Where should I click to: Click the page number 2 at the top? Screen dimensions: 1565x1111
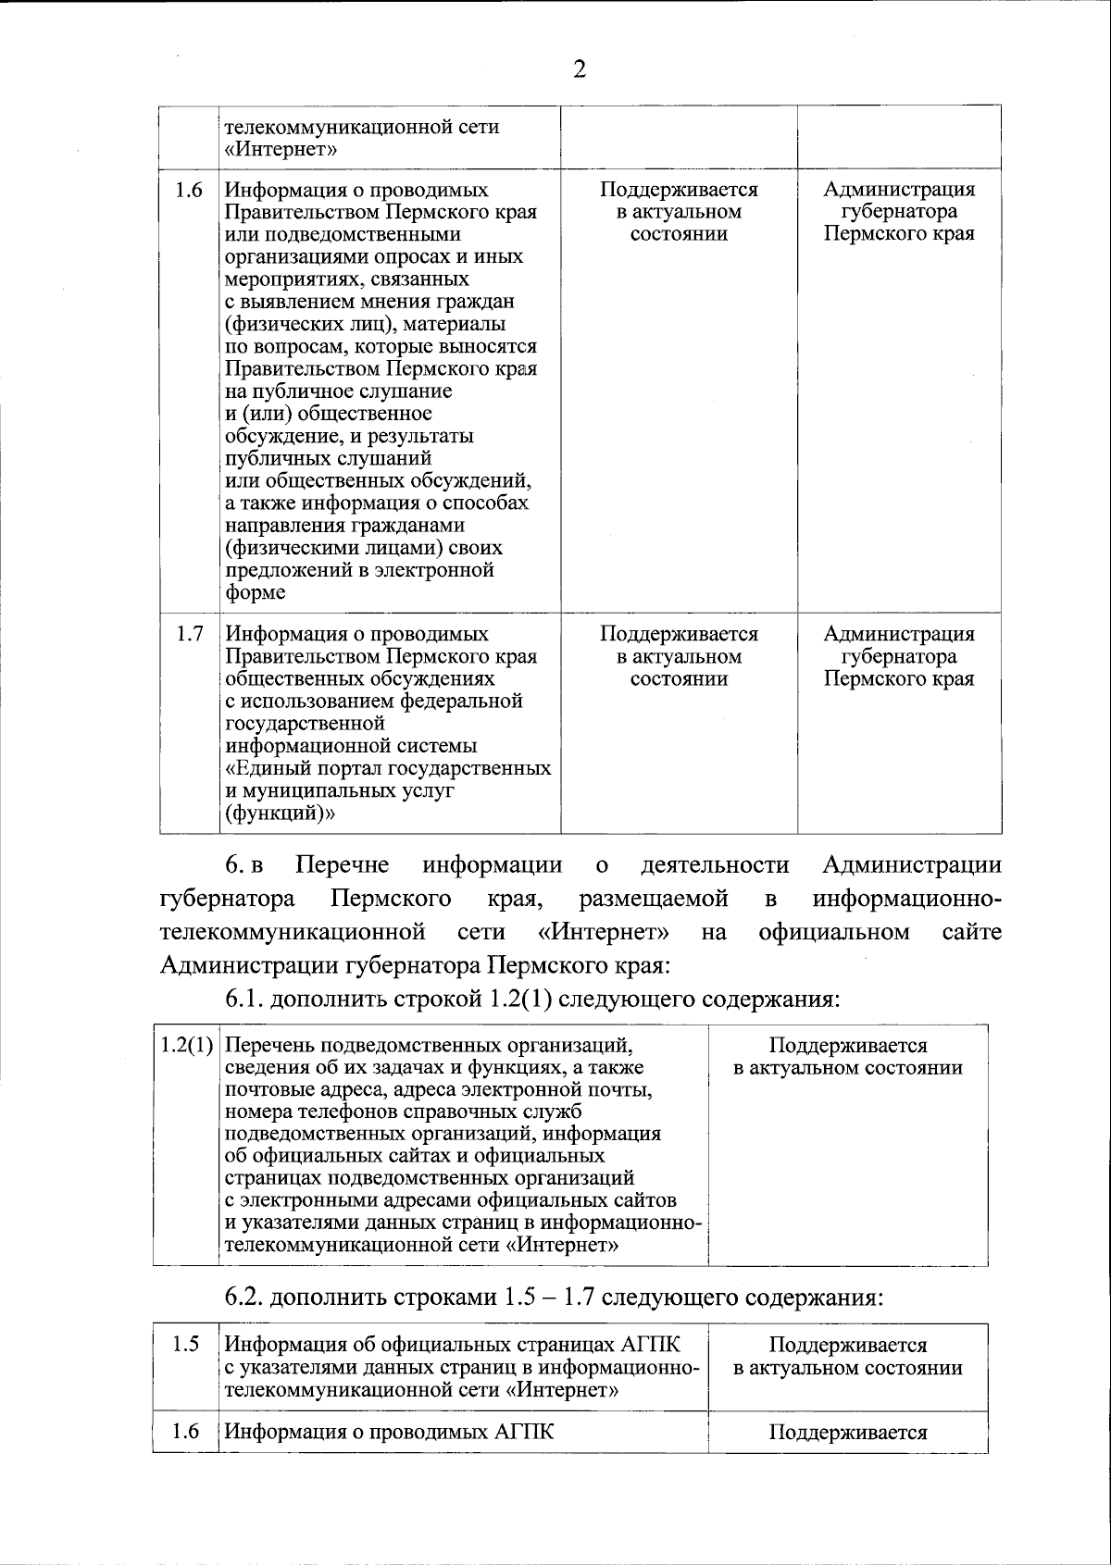coord(580,70)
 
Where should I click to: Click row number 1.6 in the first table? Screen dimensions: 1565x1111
coord(189,191)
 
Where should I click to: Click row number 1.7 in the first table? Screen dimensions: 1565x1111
coord(189,635)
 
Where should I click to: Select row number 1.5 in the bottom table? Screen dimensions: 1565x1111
coord(186,1346)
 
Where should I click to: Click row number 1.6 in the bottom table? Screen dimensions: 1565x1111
coord(186,1433)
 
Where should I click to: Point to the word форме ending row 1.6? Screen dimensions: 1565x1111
coord(256,593)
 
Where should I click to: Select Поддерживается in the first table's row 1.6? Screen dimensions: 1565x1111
coord(679,191)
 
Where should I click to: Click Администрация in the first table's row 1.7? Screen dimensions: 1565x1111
coord(899,635)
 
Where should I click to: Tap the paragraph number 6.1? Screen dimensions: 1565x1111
coord(244,1000)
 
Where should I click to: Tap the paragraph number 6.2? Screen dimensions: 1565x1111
coord(244,1298)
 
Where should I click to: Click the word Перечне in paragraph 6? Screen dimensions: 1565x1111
coord(342,866)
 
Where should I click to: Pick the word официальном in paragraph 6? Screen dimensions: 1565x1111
coord(833,932)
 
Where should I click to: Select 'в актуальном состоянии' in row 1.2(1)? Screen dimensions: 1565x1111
coord(848,1069)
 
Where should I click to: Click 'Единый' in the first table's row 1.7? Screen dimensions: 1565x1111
coord(273,769)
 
